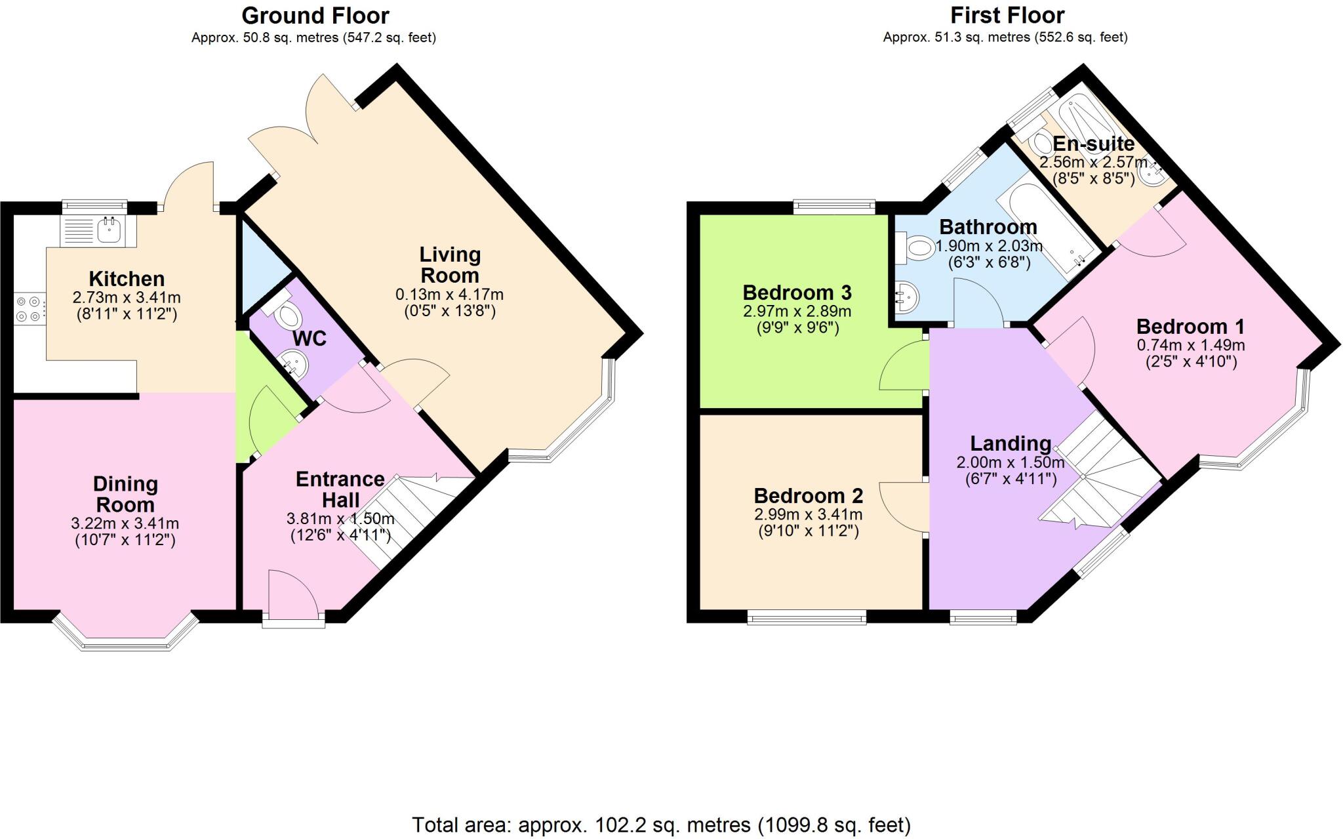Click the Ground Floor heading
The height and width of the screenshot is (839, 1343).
tap(315, 15)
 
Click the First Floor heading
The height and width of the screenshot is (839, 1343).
tap(1007, 15)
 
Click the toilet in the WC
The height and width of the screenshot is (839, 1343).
tap(287, 316)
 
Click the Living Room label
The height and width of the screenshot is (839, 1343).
tap(450, 264)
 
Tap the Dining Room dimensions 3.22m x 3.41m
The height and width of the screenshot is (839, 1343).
tap(125, 523)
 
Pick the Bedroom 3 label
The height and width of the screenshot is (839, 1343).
tap(796, 292)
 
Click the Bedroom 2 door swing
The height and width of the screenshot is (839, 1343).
tap(904, 506)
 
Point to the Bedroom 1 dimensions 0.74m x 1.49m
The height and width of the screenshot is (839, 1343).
tap(1190, 345)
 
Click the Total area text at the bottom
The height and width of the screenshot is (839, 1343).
tap(661, 825)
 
